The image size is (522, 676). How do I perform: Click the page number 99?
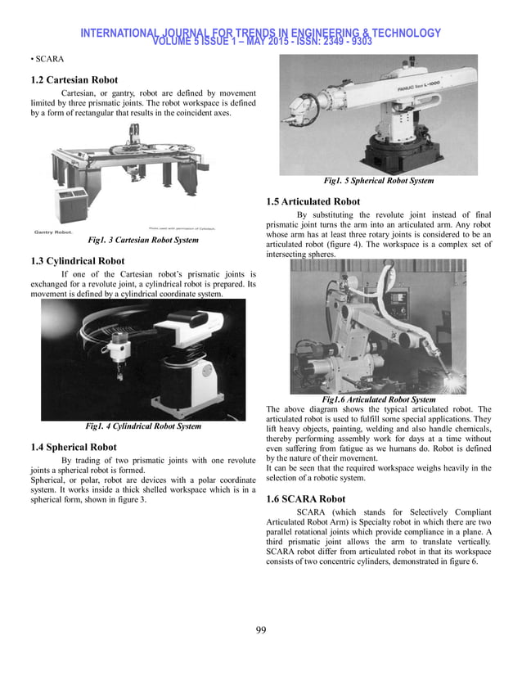click(x=260, y=629)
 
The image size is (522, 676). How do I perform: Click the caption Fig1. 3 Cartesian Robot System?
click(x=143, y=241)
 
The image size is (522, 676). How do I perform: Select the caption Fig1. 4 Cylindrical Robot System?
click(x=143, y=426)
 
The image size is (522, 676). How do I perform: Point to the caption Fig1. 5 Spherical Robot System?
click(x=378, y=181)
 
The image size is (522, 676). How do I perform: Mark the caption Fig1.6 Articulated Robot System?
click(x=379, y=399)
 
